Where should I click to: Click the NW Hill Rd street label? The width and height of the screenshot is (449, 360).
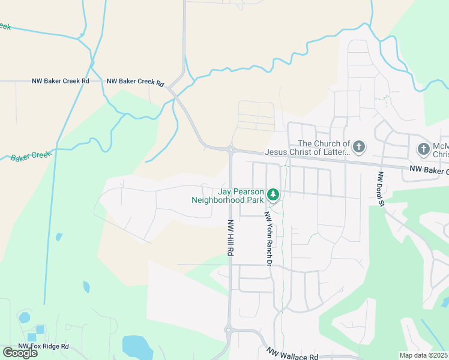(x=230, y=238)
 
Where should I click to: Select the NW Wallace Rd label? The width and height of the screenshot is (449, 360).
(x=292, y=355)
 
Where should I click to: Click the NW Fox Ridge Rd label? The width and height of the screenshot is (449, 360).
(x=43, y=346)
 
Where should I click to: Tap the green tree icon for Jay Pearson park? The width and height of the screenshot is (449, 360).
(x=273, y=194)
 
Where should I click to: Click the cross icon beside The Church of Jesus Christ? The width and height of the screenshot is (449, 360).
(x=359, y=146)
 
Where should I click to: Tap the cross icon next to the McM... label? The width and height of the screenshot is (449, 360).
(x=423, y=148)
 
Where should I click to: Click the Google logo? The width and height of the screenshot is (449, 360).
(x=20, y=353)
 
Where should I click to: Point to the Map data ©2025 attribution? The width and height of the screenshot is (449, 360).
(x=423, y=355)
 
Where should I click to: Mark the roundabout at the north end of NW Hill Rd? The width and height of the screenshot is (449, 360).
(x=231, y=149)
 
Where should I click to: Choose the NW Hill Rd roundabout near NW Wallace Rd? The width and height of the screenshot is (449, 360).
(x=228, y=329)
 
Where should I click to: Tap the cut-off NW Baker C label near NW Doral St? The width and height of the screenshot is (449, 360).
(x=429, y=171)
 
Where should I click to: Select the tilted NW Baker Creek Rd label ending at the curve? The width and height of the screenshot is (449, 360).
(x=135, y=82)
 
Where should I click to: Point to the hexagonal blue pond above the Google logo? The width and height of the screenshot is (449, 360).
(x=24, y=317)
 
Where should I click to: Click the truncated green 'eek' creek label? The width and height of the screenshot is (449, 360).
(x=5, y=26)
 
